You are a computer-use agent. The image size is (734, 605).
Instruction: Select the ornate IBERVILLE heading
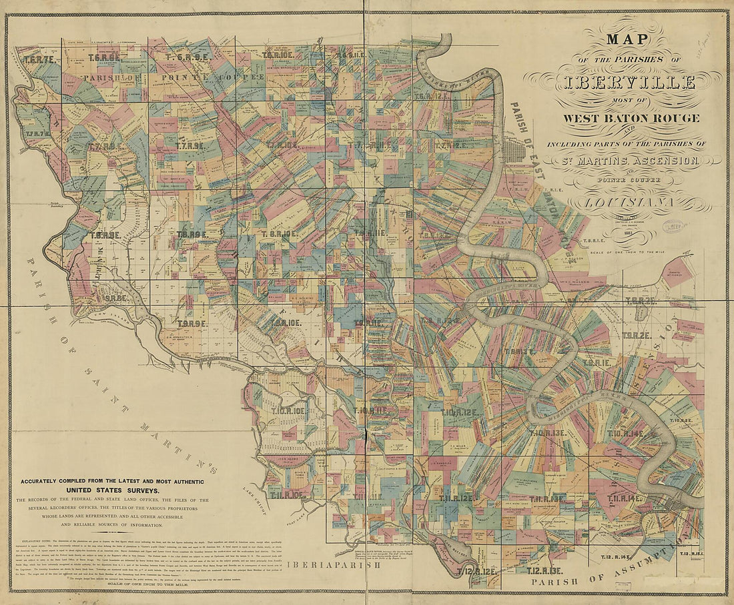(x=621, y=83)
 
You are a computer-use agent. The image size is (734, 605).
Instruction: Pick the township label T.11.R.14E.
(x=626, y=498)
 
